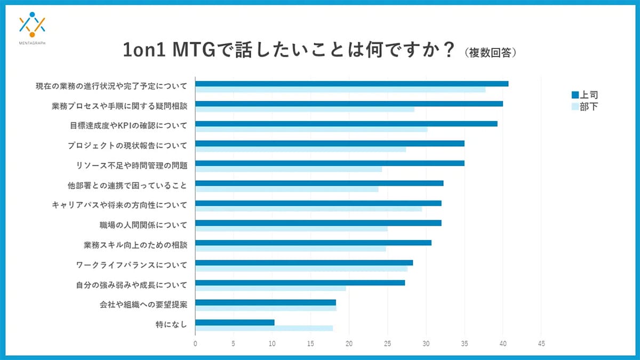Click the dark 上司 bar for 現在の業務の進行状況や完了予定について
(x=352, y=84)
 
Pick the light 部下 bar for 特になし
(x=264, y=328)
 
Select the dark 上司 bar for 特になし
(x=235, y=322)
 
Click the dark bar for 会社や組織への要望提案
(x=266, y=302)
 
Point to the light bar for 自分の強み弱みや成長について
(x=270, y=289)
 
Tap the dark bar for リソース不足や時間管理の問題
(x=330, y=163)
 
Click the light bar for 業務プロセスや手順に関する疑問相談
(x=305, y=109)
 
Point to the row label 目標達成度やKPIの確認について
(x=129, y=126)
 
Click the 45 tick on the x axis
(x=541, y=344)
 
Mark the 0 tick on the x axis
(x=196, y=344)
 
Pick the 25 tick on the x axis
(x=388, y=344)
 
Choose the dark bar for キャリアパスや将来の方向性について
(x=318, y=203)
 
